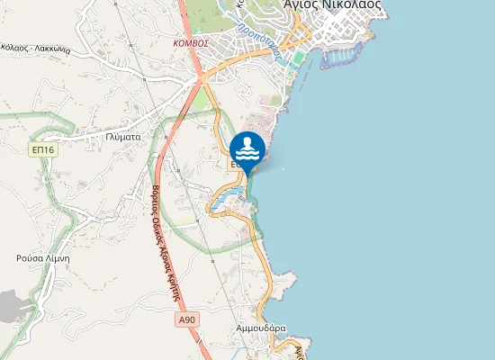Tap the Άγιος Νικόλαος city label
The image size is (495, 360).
pos(331,5)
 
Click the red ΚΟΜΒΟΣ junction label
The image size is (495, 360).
pos(191,42)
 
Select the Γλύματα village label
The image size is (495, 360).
pos(121,137)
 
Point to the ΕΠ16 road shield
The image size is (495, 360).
pos(42,149)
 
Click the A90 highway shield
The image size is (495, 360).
pos(186,319)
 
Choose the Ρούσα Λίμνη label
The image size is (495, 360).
pos(42,257)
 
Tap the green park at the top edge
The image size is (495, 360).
pos(216,13)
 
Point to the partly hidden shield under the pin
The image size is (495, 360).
pos(235,166)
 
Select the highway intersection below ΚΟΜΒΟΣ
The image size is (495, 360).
pos(200,81)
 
